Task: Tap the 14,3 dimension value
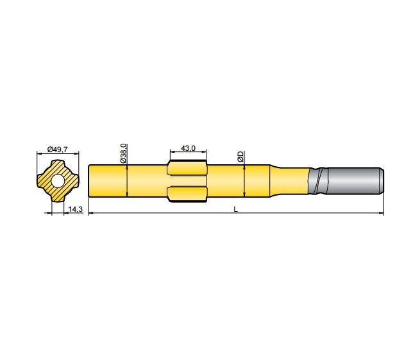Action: pos(74,209)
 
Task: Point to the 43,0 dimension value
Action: pos(188,148)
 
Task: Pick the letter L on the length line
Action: pos(236,209)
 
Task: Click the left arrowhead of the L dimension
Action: pos(90,213)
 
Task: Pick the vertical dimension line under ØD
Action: pos(244,180)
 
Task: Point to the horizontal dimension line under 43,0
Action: pos(188,153)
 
